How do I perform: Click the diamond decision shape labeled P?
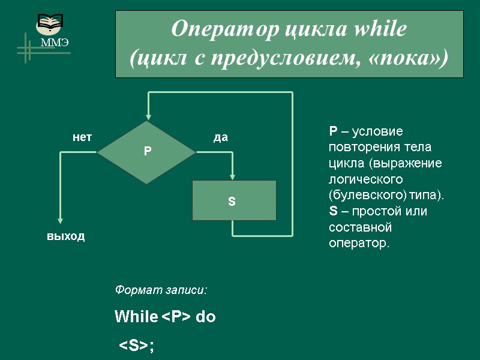[x=147, y=152]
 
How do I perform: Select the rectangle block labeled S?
[x=234, y=200]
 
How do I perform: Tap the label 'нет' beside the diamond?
[x=82, y=137]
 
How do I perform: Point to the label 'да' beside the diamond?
[x=221, y=137]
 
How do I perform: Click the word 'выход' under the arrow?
[x=66, y=236]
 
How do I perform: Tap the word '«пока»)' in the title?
[x=415, y=58]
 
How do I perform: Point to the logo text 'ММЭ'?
[x=55, y=43]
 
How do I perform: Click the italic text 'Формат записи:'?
[x=161, y=290]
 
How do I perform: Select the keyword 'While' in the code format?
[x=136, y=317]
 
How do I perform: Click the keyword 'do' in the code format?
[x=206, y=317]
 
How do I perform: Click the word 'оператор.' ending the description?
[x=359, y=244]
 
